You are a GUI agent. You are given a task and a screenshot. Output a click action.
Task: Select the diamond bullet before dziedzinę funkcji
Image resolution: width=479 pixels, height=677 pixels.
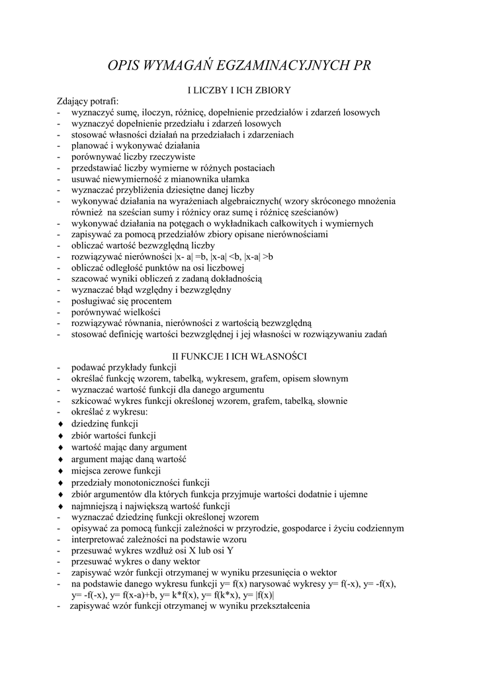[x=61, y=423]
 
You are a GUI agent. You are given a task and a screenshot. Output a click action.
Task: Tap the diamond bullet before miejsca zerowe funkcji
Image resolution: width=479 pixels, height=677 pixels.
[x=61, y=471]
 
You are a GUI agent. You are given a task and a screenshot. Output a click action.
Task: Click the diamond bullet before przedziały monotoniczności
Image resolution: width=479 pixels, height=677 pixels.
[x=61, y=482]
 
